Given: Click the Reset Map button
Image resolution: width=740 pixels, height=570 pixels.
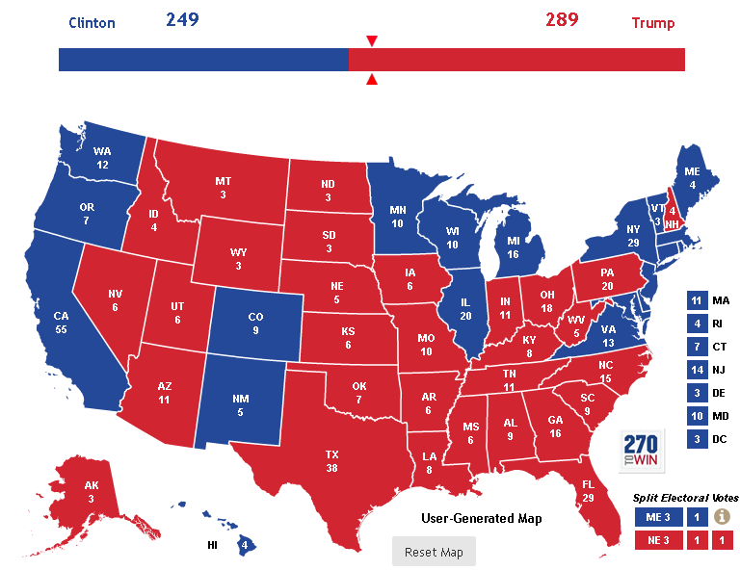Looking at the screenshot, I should (x=434, y=552).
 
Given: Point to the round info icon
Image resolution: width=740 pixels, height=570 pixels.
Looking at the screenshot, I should (x=721, y=517).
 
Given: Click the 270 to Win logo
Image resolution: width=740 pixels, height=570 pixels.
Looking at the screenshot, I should (x=639, y=449).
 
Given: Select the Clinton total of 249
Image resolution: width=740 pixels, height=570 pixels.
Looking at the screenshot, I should (x=182, y=20).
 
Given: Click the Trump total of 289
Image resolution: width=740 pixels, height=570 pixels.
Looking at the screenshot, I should (x=561, y=20).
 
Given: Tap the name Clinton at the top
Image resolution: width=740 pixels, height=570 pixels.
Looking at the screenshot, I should (x=93, y=23).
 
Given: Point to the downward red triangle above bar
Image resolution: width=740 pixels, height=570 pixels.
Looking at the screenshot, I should (x=372, y=41).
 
